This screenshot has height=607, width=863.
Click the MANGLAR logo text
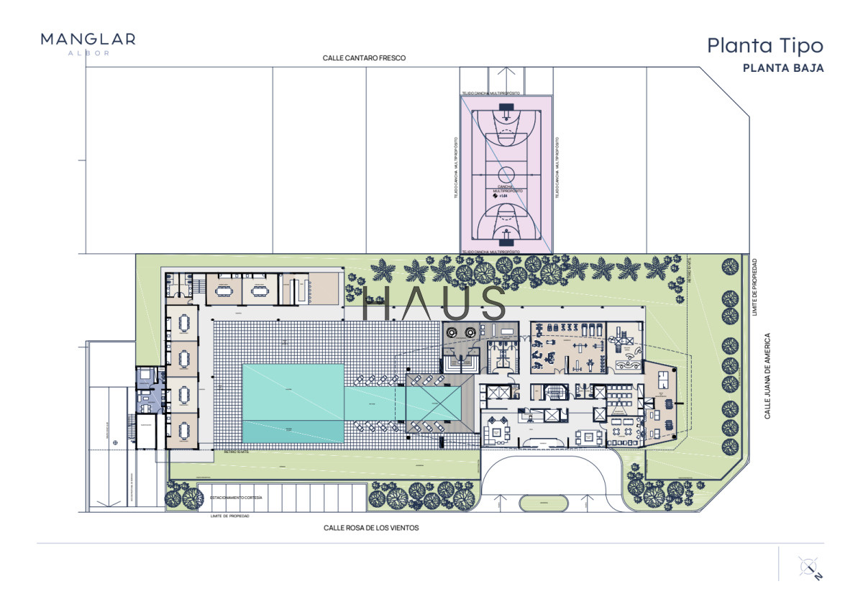click(88, 39)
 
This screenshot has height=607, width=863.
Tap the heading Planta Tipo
click(764, 45)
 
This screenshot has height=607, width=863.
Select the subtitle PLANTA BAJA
click(783, 68)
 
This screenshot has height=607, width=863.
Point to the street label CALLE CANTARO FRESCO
click(365, 58)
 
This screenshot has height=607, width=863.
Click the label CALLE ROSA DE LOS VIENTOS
click(370, 527)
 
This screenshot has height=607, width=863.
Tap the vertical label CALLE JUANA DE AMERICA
click(767, 375)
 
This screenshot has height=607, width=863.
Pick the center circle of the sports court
click(506, 174)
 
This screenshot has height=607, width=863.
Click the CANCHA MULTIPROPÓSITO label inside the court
click(506, 188)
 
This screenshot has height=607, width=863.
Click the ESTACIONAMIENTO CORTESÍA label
click(236, 498)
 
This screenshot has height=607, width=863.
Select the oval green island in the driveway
click(543, 503)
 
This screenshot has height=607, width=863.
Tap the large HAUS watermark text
click(434, 303)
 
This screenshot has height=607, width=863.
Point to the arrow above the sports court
click(506, 78)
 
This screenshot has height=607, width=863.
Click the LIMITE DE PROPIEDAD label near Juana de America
click(754, 286)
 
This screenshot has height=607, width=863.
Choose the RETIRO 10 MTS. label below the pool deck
click(235, 452)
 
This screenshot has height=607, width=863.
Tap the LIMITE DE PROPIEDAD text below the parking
click(230, 516)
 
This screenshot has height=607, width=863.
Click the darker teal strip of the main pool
click(293, 431)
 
